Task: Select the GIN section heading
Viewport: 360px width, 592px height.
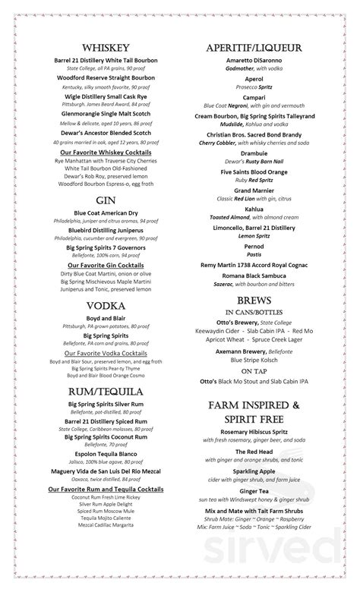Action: [x=106, y=200]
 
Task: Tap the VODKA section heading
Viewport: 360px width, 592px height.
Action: [x=106, y=306]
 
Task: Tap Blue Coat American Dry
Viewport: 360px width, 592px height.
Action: [x=106, y=214]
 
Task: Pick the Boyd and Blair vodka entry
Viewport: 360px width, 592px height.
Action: [x=106, y=319]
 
